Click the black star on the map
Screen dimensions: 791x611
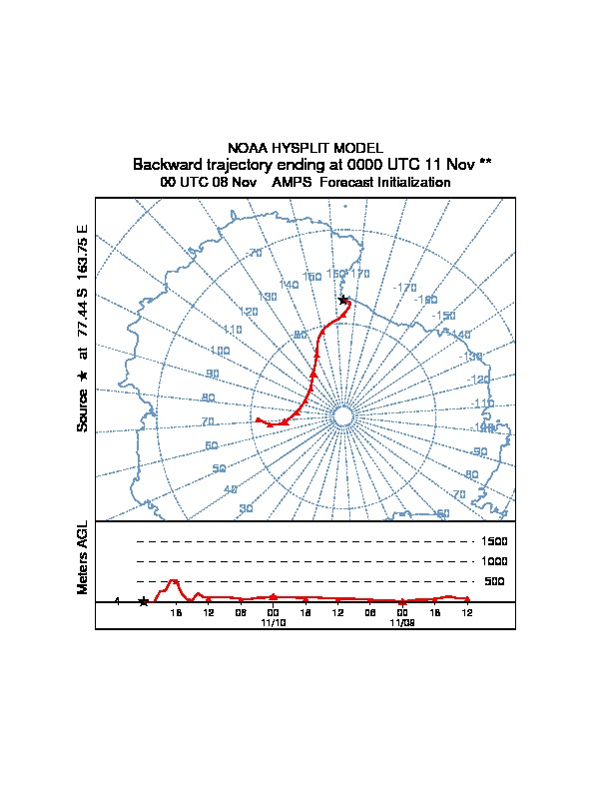point(343,300)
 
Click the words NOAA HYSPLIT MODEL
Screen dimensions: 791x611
point(305,148)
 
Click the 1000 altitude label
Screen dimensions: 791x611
point(494,561)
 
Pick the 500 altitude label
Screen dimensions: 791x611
point(494,581)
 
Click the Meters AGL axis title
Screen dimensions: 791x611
point(83,557)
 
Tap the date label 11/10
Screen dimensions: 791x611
point(273,621)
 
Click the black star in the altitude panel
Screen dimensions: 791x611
point(144,601)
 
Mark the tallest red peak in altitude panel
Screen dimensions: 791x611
point(174,580)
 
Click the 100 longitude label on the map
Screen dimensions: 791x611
point(220,351)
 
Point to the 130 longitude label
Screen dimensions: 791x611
point(267,297)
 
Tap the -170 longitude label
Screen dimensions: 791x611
point(404,288)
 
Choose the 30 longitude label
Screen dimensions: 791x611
point(246,509)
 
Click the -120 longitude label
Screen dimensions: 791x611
point(480,380)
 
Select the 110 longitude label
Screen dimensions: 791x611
point(233,330)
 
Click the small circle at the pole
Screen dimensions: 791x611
point(341,417)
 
